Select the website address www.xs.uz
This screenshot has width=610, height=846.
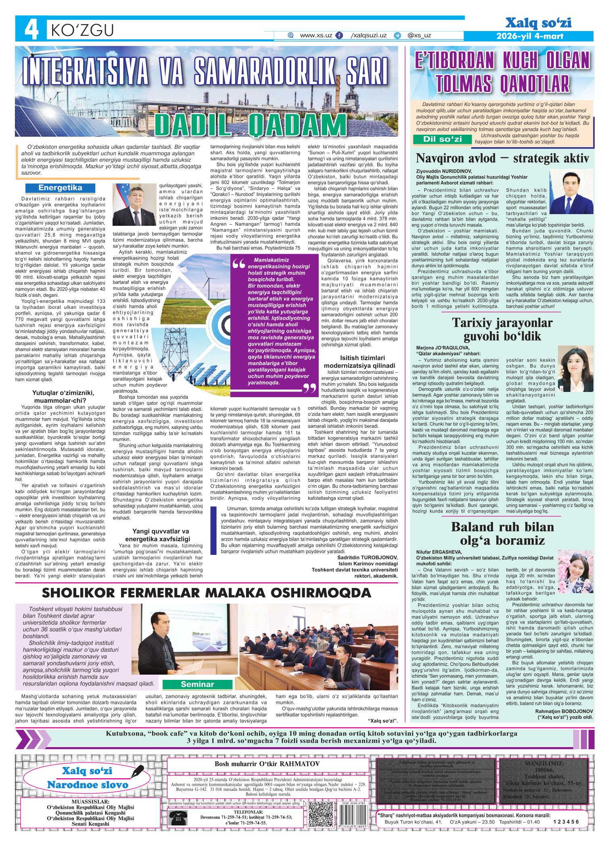coord(316,35)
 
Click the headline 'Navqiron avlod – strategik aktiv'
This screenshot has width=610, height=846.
coord(502,157)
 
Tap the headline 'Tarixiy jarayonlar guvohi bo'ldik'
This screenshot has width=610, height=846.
coord(502,329)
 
